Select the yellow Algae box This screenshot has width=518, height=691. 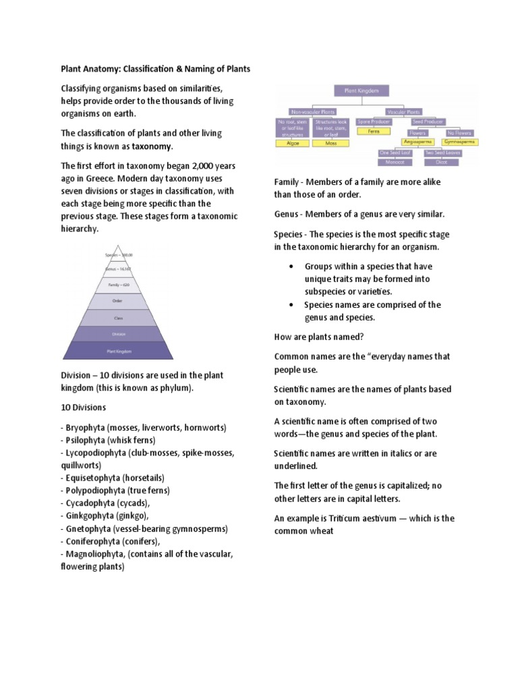click(293, 143)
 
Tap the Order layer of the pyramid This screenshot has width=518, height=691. click(118, 301)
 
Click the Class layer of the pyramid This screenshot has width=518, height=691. click(118, 317)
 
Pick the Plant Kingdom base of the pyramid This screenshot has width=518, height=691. click(118, 351)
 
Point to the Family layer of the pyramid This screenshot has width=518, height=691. click(118, 285)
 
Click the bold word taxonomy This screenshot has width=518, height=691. click(152, 146)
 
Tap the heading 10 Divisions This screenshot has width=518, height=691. click(84, 408)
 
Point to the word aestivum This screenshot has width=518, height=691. click(392, 518)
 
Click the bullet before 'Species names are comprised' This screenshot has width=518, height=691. click(290, 305)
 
